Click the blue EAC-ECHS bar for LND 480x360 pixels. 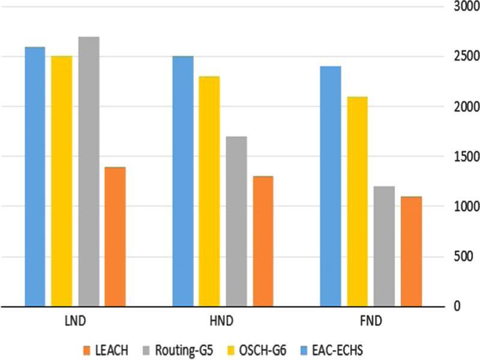[35, 176]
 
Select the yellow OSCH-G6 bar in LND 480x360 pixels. [61, 181]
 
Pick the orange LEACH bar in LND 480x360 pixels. [115, 236]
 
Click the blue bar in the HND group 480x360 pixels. [183, 181]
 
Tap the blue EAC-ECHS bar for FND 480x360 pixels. [331, 186]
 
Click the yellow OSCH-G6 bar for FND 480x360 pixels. [357, 201]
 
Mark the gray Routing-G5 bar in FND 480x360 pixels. [384, 246]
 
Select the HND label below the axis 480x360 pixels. [223, 321]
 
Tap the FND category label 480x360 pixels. [371, 321]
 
